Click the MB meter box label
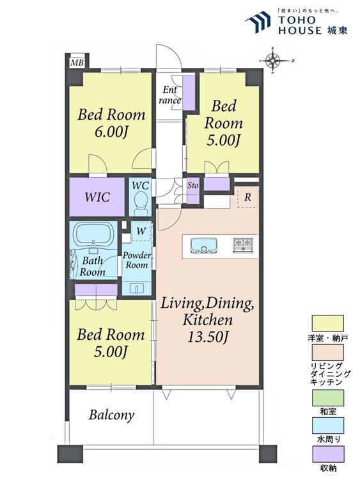[77, 63]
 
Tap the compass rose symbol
[273, 61]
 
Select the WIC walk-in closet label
[97, 197]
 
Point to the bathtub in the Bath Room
[93, 234]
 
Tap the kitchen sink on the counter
[203, 246]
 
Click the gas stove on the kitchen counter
[243, 245]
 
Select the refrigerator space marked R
[247, 198]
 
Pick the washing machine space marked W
[141, 231]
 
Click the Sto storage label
[192, 185]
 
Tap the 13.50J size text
[208, 337]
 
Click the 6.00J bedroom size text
[111, 132]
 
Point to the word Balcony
[112, 415]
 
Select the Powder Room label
[137, 260]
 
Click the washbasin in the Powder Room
[137, 289]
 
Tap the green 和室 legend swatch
[327, 397]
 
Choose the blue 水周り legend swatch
[327, 426]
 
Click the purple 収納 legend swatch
[327, 454]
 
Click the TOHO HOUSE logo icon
[258, 22]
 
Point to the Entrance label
[169, 95]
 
